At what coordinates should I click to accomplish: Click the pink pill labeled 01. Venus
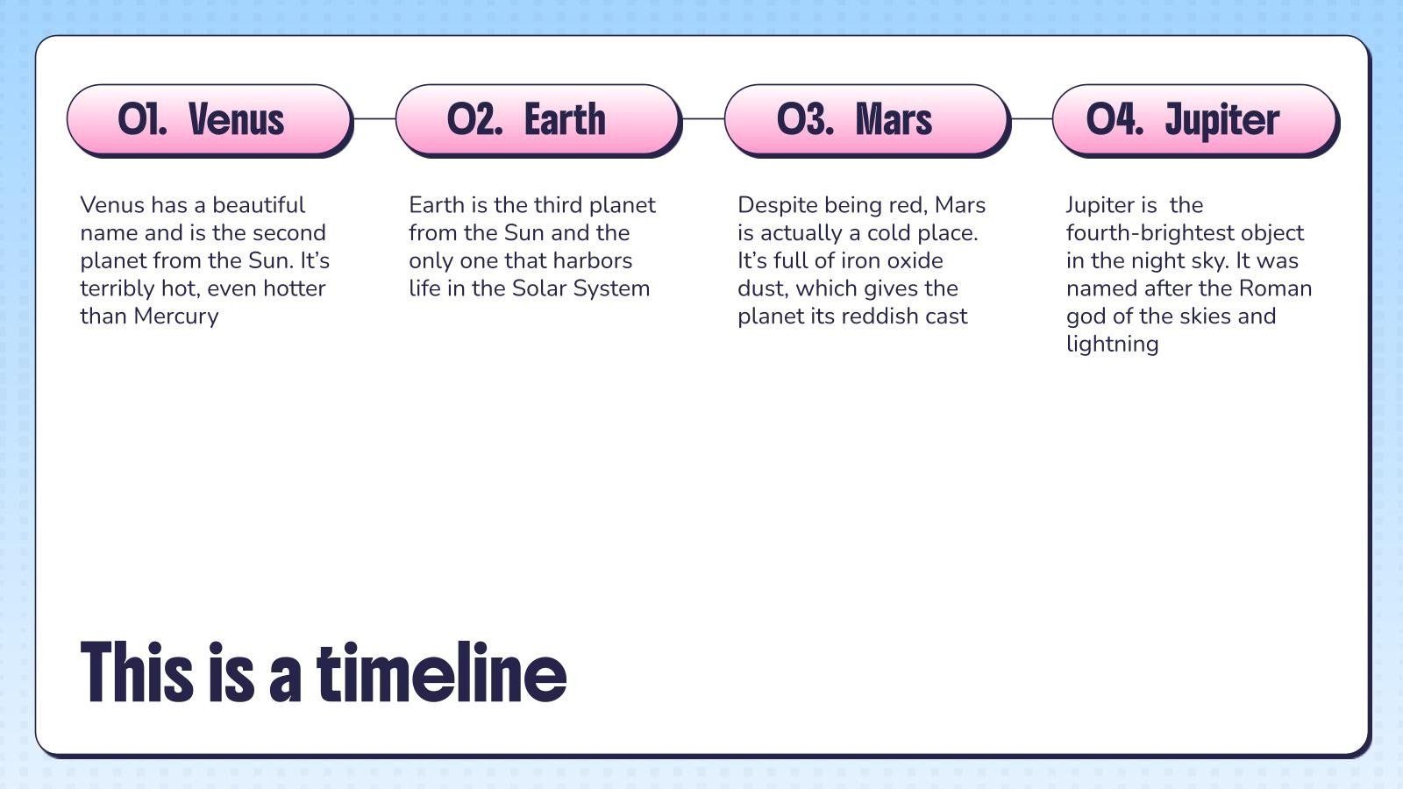point(210,119)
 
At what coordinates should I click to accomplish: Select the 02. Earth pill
point(538,119)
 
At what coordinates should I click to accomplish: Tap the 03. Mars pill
point(867,119)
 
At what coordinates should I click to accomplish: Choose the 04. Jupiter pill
point(1196,119)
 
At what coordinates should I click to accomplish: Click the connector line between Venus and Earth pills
point(374,118)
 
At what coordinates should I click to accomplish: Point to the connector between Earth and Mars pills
point(703,118)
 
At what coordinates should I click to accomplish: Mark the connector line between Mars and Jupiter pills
point(1032,118)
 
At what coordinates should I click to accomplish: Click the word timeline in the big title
point(442,672)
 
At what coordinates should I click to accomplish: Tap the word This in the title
point(137,672)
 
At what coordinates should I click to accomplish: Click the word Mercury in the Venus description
point(176,316)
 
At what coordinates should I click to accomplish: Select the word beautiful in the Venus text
point(259,205)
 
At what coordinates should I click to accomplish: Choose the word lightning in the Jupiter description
point(1113,345)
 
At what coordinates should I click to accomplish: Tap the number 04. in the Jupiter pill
point(1115,119)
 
